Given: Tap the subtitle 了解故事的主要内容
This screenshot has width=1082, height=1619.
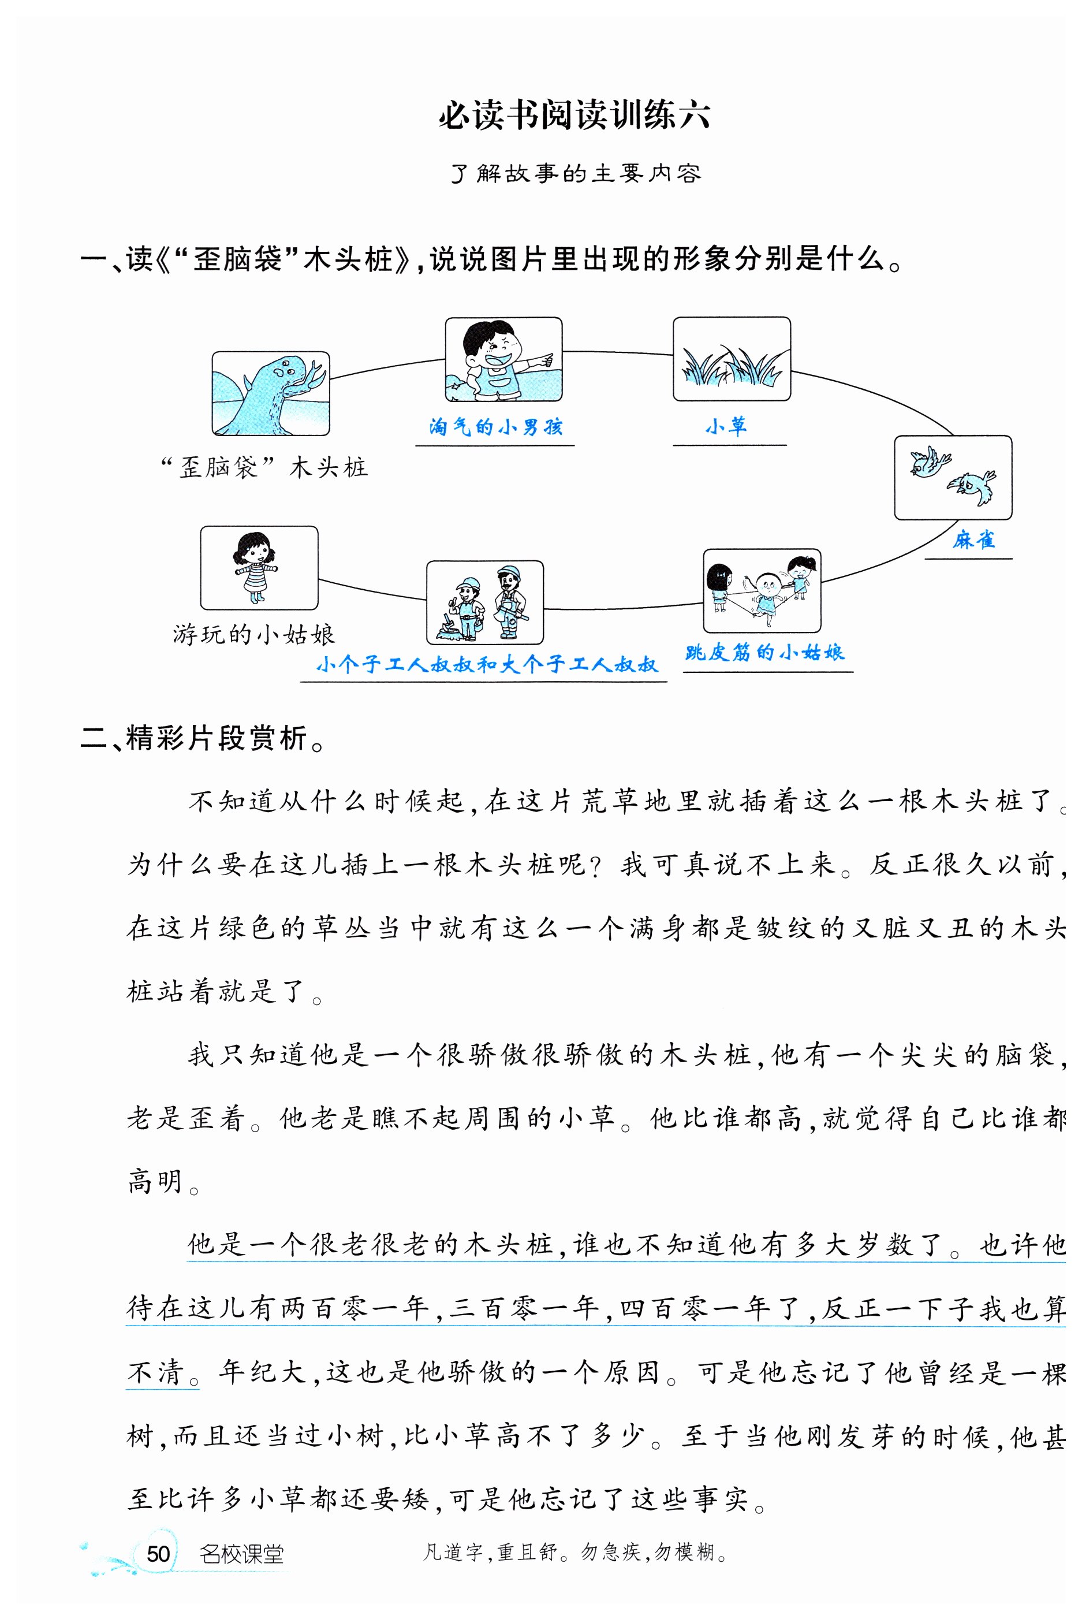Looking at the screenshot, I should click(x=576, y=173).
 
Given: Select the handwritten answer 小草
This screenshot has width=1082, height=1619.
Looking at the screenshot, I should click(x=726, y=426).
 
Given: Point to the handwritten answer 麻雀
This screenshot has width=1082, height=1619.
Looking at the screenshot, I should click(x=973, y=539).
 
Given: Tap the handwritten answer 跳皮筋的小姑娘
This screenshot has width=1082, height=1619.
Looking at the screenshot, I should click(x=764, y=652).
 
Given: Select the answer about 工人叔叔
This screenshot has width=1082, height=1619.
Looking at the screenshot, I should click(x=487, y=664).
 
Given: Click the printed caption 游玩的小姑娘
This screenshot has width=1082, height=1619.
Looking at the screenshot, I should click(x=254, y=634).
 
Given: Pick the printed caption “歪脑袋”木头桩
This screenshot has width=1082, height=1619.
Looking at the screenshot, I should click(x=264, y=467).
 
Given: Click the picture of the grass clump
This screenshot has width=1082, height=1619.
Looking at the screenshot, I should click(x=732, y=360).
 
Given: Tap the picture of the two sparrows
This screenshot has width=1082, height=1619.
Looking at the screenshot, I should click(x=953, y=477).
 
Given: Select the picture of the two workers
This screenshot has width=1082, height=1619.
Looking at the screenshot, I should click(x=484, y=602).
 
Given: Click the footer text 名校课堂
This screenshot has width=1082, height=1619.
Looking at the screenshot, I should click(x=241, y=1554).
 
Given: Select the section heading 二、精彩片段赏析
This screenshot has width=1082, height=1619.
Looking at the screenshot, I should click(x=203, y=738).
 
